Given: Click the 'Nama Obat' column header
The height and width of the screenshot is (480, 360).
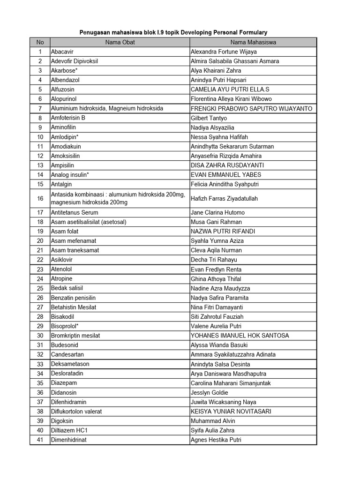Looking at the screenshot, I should pos(120,42).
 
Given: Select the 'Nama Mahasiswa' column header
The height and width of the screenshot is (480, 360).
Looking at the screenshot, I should pos(253,42).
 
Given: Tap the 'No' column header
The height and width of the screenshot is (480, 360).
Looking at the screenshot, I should pos(40,42).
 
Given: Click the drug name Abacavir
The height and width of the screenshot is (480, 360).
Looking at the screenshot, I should pos(62,52).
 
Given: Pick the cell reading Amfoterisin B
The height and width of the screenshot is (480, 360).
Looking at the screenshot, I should pos(68,118).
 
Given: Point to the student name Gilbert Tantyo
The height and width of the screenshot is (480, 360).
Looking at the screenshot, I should pos(209,118).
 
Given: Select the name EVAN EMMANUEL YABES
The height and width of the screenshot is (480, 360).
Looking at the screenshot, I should pos(226,175).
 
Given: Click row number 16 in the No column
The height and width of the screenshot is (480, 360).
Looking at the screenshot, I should pos(40,198).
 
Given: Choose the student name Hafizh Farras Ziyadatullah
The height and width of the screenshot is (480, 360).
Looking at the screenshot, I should pos(224,198).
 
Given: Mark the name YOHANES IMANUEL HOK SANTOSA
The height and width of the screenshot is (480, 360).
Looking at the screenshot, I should pos(240,336).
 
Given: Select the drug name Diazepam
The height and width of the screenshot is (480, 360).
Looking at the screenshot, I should pos(64,383).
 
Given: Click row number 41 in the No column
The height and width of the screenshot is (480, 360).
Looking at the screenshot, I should pos(40,440).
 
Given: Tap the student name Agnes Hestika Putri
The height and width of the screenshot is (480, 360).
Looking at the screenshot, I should pos(216,440).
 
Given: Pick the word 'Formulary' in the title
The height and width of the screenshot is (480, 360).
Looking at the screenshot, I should pos(253,32).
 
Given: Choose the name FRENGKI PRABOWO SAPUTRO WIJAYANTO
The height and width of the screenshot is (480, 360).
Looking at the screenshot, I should pos(251,108).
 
